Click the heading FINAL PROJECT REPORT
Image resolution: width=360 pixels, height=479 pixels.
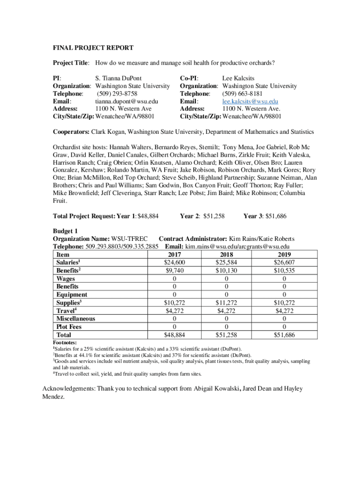click(93, 48)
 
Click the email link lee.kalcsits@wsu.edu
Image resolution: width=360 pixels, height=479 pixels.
click(250, 102)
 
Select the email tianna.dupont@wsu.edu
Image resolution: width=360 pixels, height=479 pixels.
click(127, 102)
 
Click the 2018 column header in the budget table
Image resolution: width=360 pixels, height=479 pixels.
click(231, 254)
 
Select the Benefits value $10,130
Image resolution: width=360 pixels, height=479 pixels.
click(231, 270)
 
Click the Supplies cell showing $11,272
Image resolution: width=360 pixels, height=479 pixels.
click(231, 303)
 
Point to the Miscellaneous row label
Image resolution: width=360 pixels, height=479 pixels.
click(76, 319)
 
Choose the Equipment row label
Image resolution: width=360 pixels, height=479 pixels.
click(72, 295)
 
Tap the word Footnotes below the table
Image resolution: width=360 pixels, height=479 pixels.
click(65, 342)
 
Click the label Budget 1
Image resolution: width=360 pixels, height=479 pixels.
click(65, 231)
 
